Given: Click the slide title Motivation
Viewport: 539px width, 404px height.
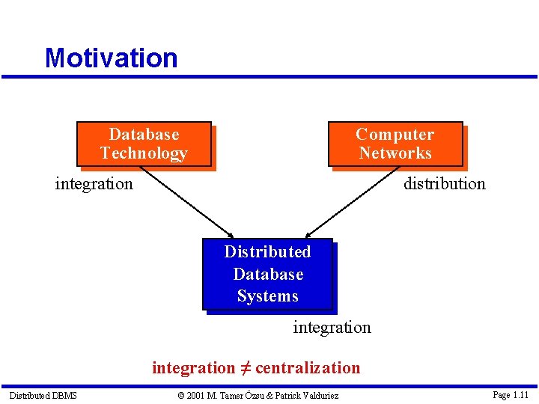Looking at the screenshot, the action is point(111,58).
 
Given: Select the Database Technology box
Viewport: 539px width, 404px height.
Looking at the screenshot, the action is point(144,144).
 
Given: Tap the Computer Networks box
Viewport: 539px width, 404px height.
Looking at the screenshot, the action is point(395,144).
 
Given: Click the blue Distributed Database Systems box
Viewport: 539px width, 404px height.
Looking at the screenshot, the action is point(267,274).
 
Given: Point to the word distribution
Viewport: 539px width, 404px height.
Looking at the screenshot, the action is point(444,183).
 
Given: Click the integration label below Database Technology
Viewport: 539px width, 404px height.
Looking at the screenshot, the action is point(94,183).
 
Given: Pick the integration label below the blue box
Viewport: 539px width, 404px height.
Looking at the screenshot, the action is point(332,327).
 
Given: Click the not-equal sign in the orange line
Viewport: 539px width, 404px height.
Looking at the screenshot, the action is point(245,367).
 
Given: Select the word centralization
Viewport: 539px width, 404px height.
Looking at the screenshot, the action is point(308,367).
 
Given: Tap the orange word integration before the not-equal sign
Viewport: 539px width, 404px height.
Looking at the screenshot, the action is point(193,367).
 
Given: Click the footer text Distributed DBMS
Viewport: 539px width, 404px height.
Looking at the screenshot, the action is point(43,395).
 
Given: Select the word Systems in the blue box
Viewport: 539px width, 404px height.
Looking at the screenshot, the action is point(267,296).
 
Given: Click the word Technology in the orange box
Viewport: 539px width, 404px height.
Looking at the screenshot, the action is point(144,153).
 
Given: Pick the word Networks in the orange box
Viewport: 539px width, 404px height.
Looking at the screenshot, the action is point(395,153).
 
